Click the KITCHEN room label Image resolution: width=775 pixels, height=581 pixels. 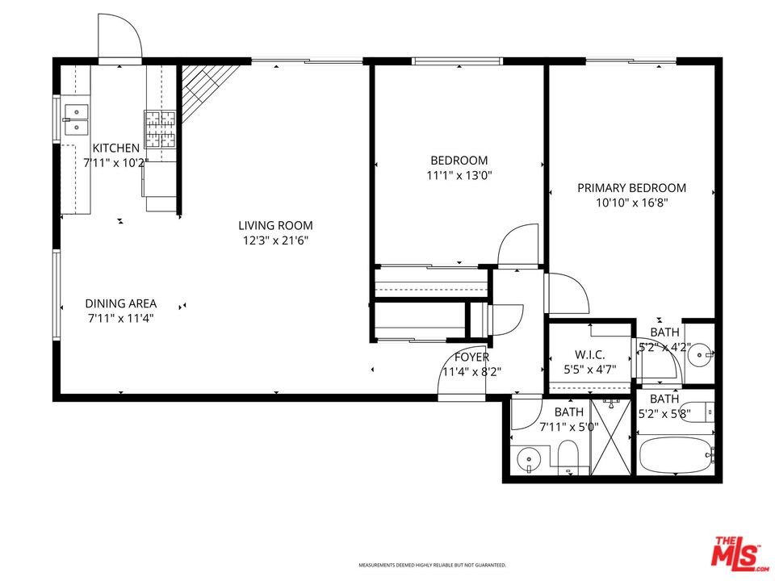[x=116, y=148]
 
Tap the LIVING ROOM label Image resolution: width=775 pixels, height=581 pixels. [x=275, y=226]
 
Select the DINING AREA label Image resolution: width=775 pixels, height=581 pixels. [x=121, y=303]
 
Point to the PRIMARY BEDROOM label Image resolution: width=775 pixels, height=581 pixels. [x=631, y=188]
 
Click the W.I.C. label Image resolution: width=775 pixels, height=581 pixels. [x=589, y=355]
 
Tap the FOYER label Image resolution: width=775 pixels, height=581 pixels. [x=472, y=357]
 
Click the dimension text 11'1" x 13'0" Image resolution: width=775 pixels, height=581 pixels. [x=459, y=175]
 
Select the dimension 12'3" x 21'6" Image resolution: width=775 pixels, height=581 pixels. [x=275, y=240]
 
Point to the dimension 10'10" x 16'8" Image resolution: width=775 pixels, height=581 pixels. [x=631, y=203]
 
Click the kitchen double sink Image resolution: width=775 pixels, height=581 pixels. [x=76, y=119]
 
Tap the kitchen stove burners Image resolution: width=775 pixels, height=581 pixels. [x=160, y=129]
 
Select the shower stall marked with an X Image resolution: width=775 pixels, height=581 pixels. [x=611, y=437]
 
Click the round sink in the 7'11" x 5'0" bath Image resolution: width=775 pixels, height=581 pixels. [x=529, y=459]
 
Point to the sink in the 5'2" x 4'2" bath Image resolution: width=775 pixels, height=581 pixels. [x=701, y=354]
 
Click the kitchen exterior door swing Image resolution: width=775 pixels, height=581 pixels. [x=120, y=36]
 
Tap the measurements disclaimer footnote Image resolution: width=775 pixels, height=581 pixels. [x=432, y=565]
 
